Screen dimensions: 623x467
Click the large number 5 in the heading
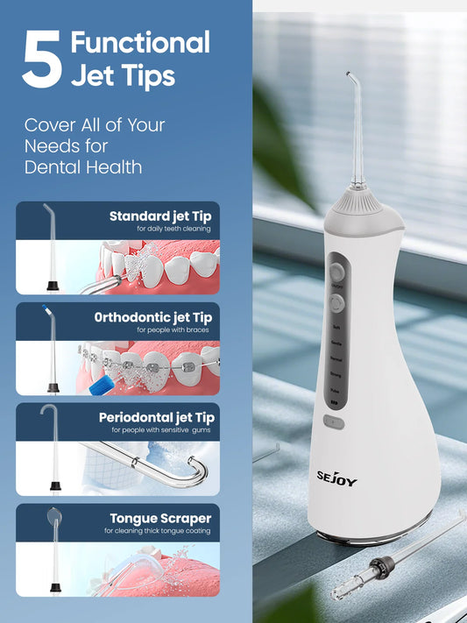point(42,60)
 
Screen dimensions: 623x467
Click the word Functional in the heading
point(139,43)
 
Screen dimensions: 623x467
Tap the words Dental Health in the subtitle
point(82,166)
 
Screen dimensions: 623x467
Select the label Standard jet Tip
point(159,216)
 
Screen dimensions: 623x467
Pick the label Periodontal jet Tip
point(156,417)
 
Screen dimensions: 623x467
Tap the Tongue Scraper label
point(159,518)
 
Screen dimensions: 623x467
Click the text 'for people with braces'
point(173,330)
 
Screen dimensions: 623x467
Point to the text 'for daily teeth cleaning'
point(173,229)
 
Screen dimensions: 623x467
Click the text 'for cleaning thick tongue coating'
point(158,531)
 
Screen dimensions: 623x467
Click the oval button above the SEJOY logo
point(332,422)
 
